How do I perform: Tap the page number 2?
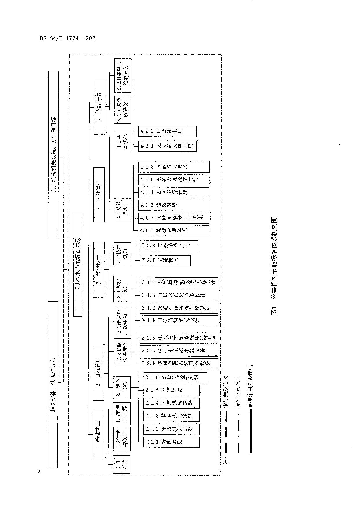39,472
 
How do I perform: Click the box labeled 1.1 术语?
122,465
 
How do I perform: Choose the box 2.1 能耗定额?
122,387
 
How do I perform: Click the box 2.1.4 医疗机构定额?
171,403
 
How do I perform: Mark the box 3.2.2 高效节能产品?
169,246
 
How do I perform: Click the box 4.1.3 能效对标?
173,205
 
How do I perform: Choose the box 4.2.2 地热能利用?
167,131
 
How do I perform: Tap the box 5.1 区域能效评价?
122,110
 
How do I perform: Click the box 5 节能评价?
99,107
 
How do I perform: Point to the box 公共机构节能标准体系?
78,264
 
